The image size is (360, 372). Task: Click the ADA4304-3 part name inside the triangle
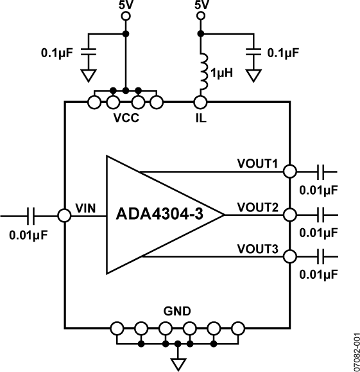(160, 214)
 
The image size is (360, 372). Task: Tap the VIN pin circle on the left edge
(65, 215)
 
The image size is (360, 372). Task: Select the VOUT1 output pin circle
(290, 171)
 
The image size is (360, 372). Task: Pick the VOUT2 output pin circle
(290, 215)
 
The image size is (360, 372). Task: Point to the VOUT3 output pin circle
(290, 256)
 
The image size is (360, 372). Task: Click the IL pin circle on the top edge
(201, 102)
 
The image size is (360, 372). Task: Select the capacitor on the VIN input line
(31, 215)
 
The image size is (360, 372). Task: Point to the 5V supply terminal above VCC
(124, 17)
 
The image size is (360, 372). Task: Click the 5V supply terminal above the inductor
(201, 17)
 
